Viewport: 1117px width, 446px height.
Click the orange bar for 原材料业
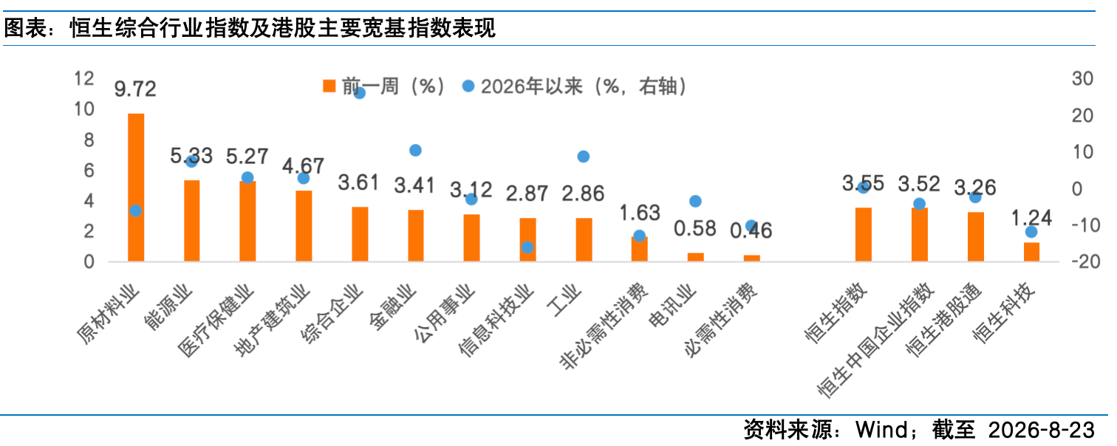click(136, 188)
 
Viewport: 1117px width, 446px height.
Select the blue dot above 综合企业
click(359, 93)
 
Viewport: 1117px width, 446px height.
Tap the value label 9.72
click(135, 89)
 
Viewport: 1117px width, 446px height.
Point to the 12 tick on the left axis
click(83, 78)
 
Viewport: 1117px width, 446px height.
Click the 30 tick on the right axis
click(1082, 78)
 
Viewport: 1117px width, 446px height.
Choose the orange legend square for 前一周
click(329, 86)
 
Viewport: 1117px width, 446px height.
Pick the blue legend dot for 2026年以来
click(468, 86)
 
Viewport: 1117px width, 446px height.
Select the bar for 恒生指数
click(863, 234)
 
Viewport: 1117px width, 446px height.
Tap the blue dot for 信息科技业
click(527, 247)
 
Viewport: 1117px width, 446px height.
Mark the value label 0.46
click(751, 230)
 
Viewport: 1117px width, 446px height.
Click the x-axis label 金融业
click(394, 307)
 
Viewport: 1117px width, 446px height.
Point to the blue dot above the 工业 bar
click(583, 157)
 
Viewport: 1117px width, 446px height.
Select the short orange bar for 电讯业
click(696, 257)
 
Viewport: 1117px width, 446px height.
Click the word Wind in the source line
click(881, 430)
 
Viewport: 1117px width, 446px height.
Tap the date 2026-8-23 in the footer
click(1041, 430)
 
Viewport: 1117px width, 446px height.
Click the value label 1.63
click(639, 213)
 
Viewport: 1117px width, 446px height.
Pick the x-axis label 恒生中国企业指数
click(875, 340)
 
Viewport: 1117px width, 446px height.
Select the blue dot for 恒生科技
click(1031, 232)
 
